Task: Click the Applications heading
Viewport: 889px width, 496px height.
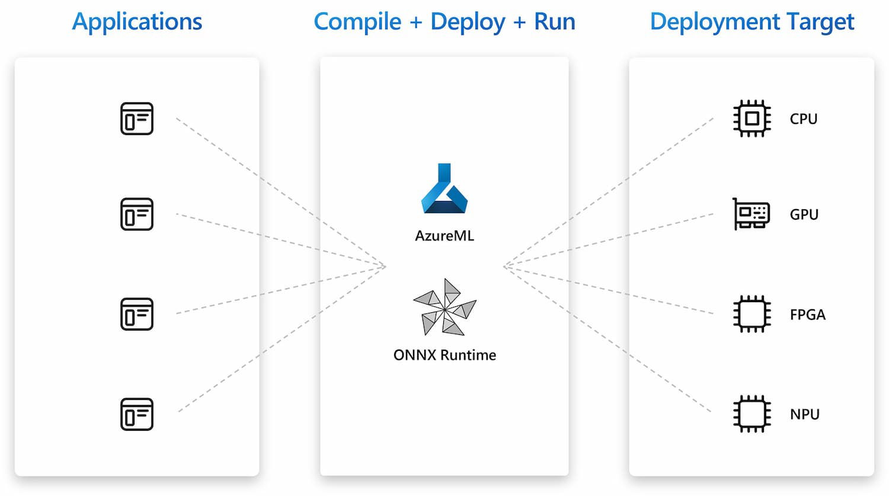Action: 137,22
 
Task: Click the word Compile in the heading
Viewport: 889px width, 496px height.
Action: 357,22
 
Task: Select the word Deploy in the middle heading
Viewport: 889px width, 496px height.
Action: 468,22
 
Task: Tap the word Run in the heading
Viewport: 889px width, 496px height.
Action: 554,22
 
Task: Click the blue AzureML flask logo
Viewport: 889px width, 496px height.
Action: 444,188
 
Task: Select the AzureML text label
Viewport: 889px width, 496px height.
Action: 444,236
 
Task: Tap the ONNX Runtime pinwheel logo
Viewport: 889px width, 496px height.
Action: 444,307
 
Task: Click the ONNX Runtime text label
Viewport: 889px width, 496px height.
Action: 444,355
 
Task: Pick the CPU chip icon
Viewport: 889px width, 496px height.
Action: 752,119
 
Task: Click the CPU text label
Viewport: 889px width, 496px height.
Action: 804,119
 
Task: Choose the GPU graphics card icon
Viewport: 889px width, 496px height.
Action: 751,214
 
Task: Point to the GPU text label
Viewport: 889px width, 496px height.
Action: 804,215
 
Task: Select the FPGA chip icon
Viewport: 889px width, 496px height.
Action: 752,313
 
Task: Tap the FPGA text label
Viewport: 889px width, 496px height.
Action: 807,315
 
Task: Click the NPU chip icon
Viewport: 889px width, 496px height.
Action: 752,414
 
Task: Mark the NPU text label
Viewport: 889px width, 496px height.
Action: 805,414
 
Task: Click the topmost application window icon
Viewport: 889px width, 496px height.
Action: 137,119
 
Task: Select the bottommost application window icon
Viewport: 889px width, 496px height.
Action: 137,414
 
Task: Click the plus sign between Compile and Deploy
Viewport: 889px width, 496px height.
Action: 416,23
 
